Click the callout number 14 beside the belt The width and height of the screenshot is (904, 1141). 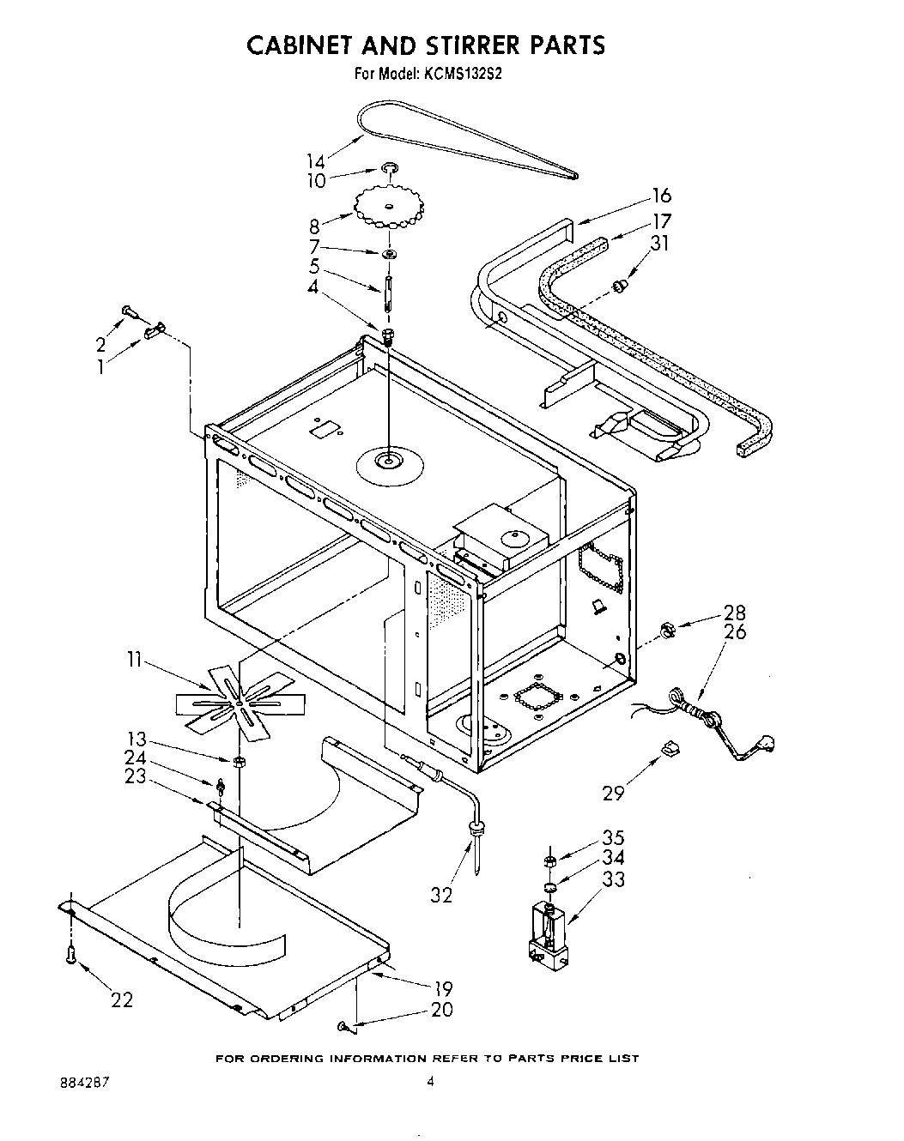point(316,160)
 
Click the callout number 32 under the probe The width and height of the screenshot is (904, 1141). point(442,895)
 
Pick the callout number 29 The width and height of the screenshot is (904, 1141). point(612,792)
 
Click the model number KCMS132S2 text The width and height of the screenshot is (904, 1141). point(461,74)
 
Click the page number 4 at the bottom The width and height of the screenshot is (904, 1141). point(431,1083)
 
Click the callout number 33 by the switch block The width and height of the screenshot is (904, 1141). point(613,878)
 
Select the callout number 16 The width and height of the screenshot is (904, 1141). point(661,196)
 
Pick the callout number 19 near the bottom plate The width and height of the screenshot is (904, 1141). point(443,987)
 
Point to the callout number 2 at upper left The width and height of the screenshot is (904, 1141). point(101,344)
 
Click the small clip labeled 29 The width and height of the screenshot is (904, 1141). point(669,750)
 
